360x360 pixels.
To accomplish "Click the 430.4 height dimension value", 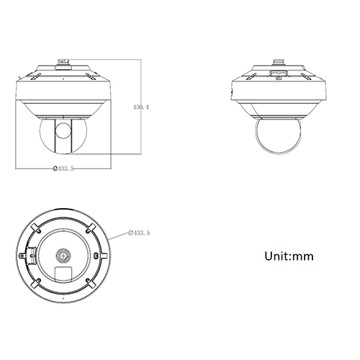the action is pos(141,107).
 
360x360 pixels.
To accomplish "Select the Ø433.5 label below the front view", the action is pos(63,168).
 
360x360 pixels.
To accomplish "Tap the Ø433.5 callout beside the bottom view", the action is pos(139,233).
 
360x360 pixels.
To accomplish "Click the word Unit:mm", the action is pos(289,256).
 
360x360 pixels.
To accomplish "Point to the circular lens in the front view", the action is pos(63,130).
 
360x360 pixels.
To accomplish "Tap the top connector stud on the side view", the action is pos(279,62).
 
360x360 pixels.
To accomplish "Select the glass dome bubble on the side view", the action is pos(278,136).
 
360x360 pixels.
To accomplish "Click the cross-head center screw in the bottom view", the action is pos(63,256).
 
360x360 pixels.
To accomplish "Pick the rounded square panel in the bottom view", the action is pos(63,274).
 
